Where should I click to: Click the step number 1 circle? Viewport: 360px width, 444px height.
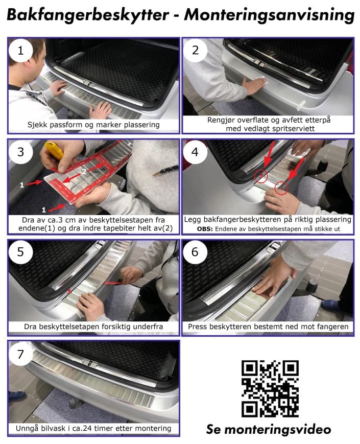[21, 51]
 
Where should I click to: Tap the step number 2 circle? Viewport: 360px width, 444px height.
[195, 51]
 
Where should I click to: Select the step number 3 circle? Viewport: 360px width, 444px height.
[21, 152]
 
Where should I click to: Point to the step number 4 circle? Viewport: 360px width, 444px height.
[195, 152]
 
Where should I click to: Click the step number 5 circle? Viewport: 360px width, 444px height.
[21, 252]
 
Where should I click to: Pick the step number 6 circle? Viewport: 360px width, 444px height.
[195, 252]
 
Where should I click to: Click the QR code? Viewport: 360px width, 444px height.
[270, 388]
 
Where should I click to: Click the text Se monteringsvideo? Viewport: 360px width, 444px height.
[269, 429]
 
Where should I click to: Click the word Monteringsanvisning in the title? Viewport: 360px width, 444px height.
[269, 16]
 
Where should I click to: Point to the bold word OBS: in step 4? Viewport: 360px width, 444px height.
[205, 229]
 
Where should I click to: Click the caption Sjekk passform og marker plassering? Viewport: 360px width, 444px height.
[93, 125]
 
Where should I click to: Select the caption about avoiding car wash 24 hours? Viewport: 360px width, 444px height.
[93, 428]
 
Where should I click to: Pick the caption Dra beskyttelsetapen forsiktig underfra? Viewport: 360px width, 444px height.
[93, 326]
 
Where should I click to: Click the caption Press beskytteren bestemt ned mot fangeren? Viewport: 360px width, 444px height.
[268, 326]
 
